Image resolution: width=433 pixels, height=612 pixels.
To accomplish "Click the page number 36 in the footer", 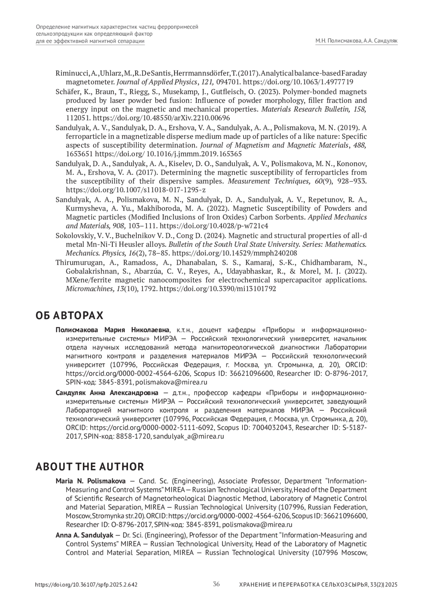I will point(216,584).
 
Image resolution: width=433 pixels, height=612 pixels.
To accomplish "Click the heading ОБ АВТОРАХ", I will point(69,316).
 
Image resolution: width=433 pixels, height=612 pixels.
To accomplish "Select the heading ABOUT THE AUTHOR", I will point(89,467).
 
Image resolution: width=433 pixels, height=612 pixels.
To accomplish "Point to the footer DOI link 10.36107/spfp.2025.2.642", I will point(86,585).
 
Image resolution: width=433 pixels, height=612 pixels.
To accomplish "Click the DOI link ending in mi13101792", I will point(218,289).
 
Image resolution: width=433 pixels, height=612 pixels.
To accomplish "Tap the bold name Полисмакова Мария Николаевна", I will point(112,330).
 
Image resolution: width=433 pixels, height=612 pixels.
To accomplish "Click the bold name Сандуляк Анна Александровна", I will point(107,392).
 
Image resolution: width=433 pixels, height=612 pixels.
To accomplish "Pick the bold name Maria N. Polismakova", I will point(91,481).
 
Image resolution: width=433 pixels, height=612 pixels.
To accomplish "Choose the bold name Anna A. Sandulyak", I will point(84,535).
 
